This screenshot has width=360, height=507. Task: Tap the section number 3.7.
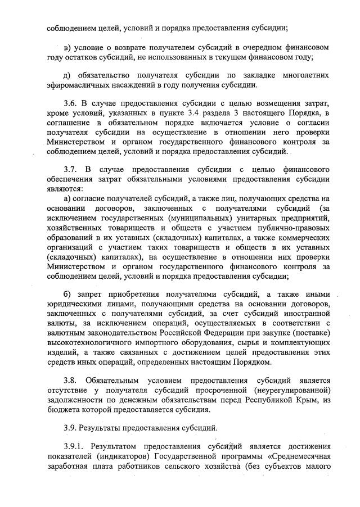71,169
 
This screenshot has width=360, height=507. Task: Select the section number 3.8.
71,381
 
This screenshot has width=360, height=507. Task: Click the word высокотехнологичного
94,341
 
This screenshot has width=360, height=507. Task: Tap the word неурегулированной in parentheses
286,391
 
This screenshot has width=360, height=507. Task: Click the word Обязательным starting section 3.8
116,381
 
